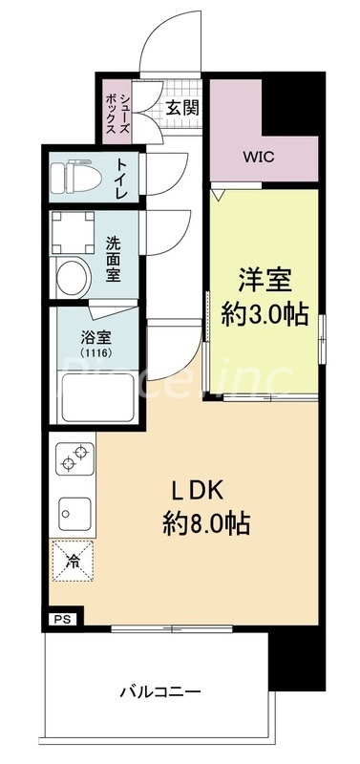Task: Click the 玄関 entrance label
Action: (182, 108)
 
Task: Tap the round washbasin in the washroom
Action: (72, 278)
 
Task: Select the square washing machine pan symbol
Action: (72, 228)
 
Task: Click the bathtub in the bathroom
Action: (95, 396)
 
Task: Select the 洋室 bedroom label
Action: (265, 283)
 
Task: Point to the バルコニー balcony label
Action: (159, 690)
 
